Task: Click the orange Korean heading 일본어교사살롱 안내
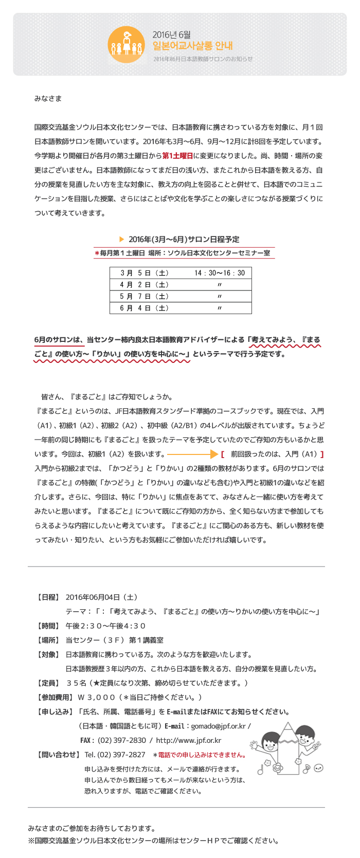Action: pos(192,46)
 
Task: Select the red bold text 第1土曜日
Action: pos(177,156)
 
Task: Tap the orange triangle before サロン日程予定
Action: pos(122,239)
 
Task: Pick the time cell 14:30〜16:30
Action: pos(220,273)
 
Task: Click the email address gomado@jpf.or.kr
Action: pos(219,726)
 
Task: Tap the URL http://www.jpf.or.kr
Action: pos(188,740)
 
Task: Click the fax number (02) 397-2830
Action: pos(122,740)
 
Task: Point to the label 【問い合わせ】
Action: pos(58,755)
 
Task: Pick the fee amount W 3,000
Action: pos(96,698)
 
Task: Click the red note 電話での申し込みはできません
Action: pos(201,755)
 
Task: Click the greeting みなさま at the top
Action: pos(48,99)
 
